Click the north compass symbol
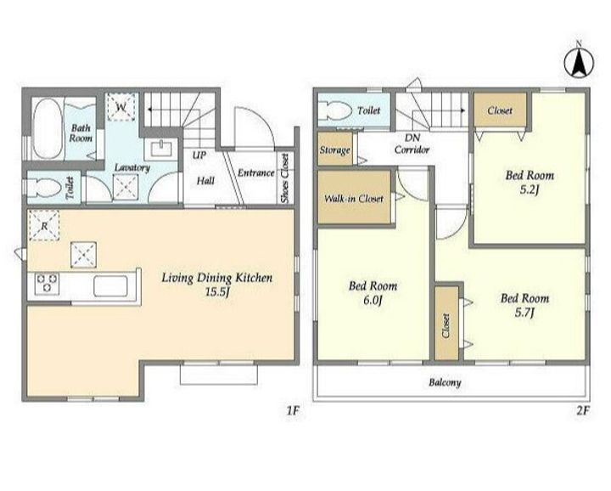pos(579,62)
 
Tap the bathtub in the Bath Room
pos(48,128)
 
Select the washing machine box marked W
pos(121,107)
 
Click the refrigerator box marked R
pos(44,225)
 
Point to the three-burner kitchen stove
pos(48,283)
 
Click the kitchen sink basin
pos(110,286)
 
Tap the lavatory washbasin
pos(160,149)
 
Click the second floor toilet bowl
pos(334,110)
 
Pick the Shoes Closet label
pos(285,178)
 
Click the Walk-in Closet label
pos(354,199)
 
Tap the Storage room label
pos(334,150)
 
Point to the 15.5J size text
pos(216,291)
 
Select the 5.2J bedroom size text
pos(530,189)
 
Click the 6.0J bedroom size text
pos(373,301)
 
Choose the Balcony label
pos(445,382)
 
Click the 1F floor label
pos(293,410)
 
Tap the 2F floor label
pos(583,410)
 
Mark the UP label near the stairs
pos(199,155)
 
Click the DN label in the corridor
pos(412,138)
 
